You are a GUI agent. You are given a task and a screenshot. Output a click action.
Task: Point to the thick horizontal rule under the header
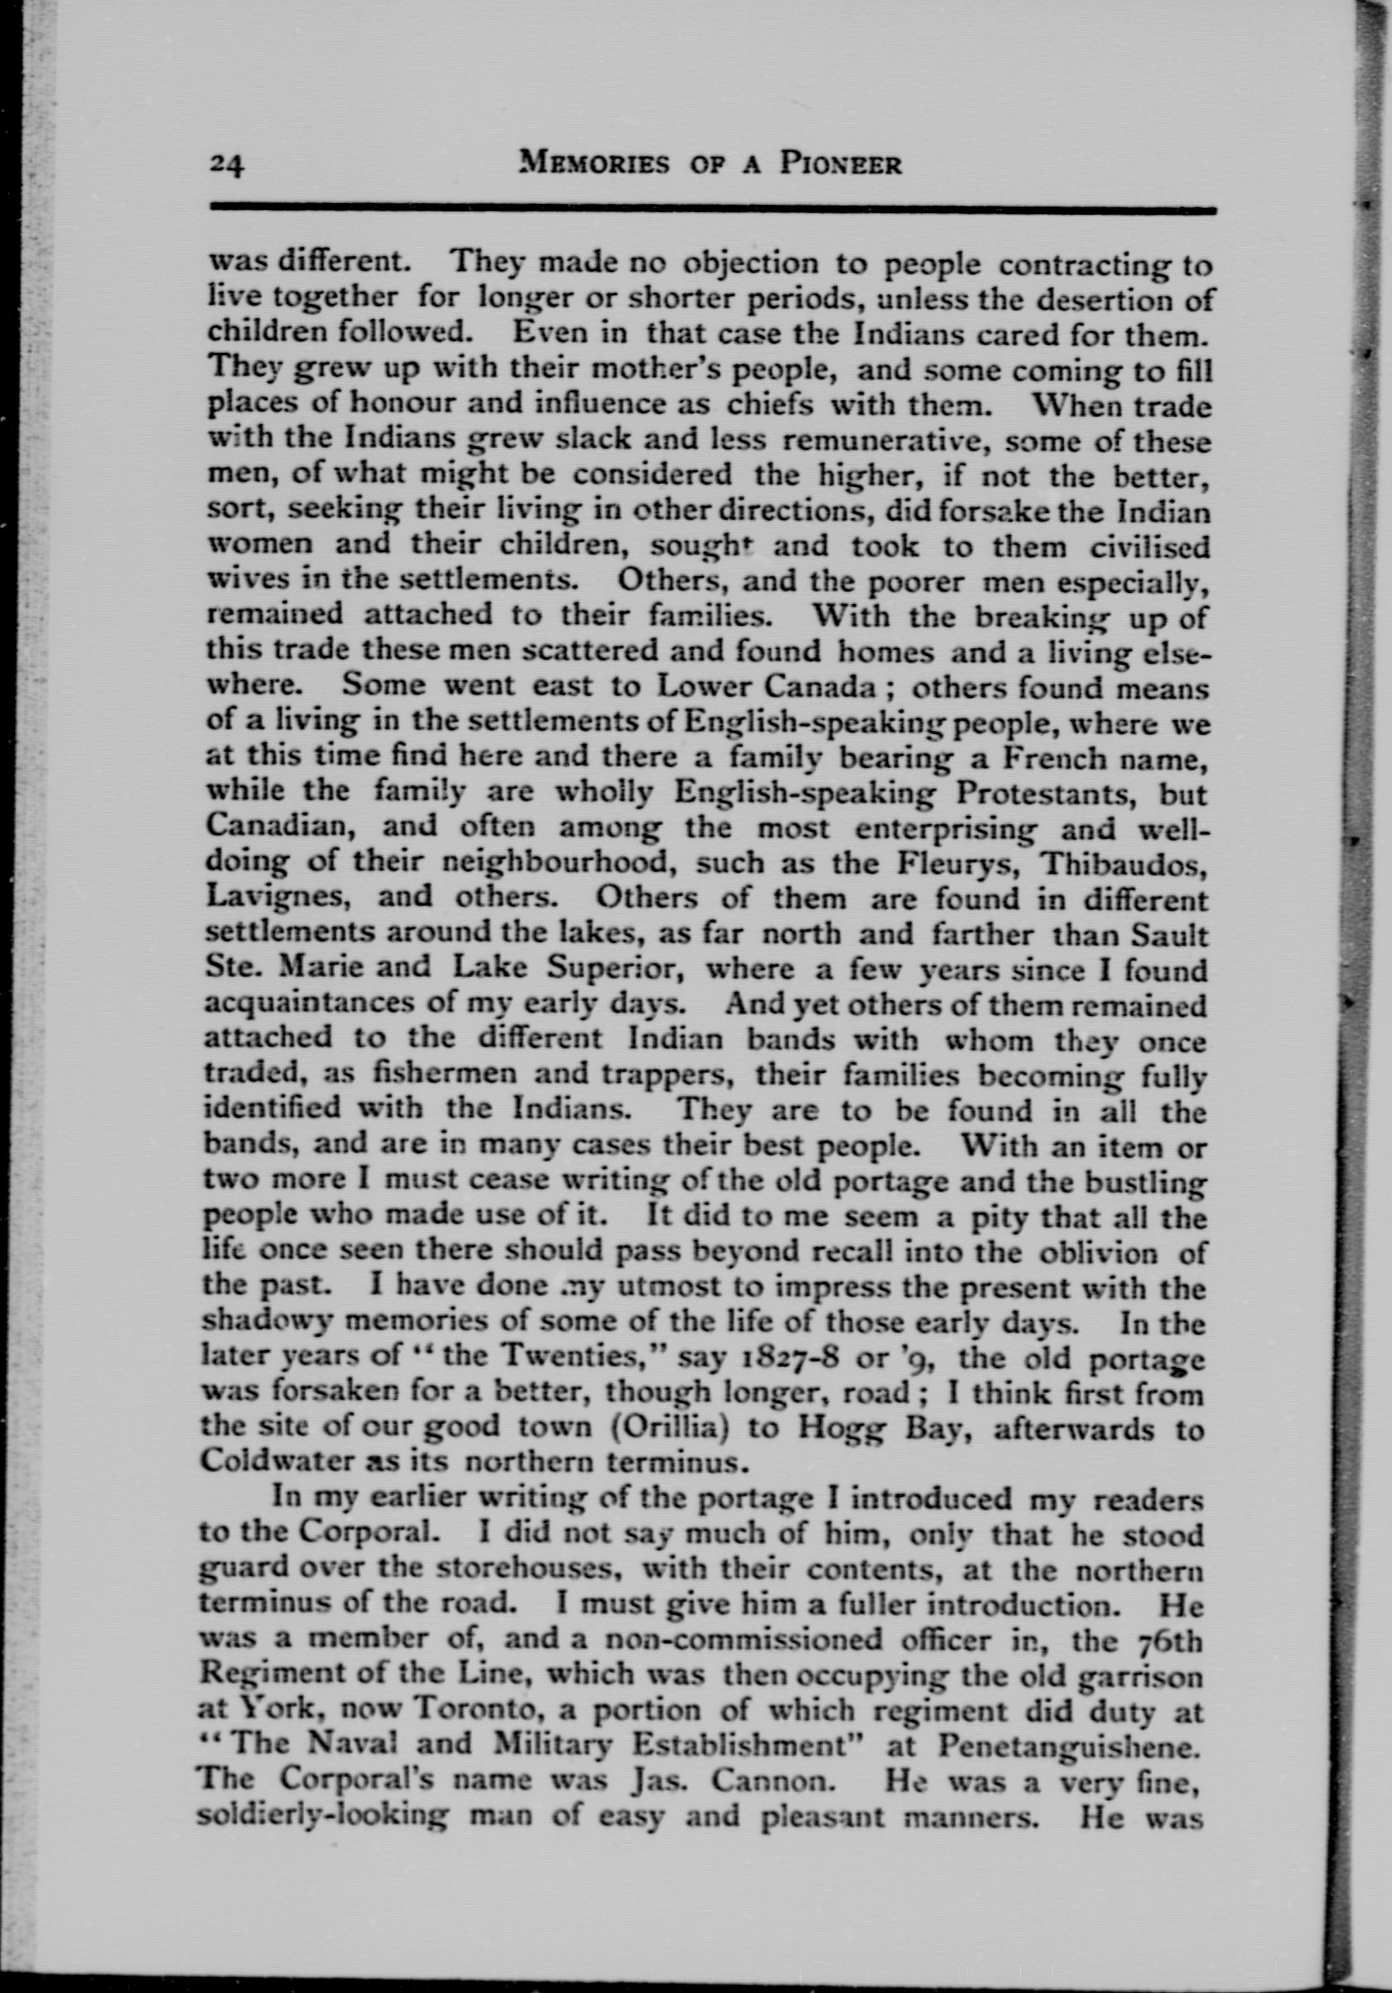(711, 208)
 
